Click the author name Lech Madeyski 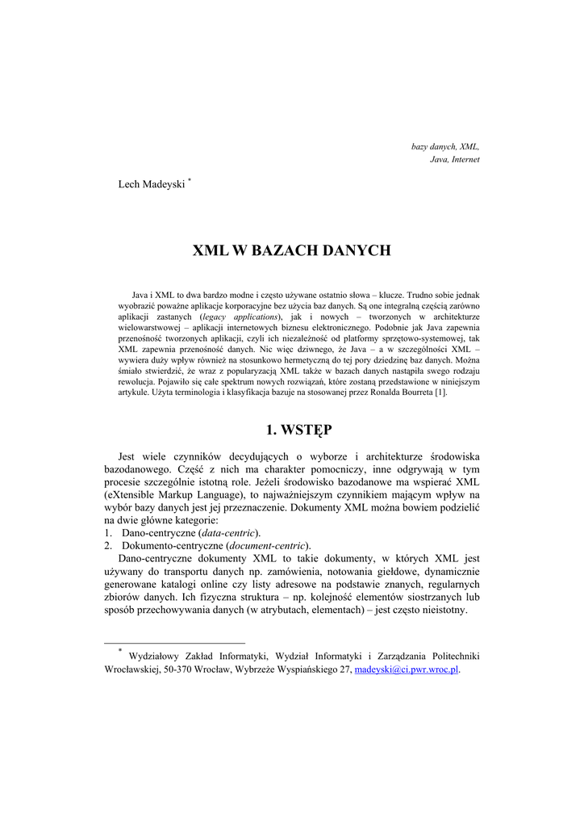(x=152, y=186)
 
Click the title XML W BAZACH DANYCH (x=291, y=251)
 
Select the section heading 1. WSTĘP (x=291, y=429)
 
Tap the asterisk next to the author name (x=190, y=182)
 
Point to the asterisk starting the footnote (x=119, y=651)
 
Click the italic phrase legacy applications (x=240, y=318)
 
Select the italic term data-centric (x=229, y=533)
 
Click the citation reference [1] (x=440, y=393)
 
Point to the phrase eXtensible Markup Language (x=170, y=494)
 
